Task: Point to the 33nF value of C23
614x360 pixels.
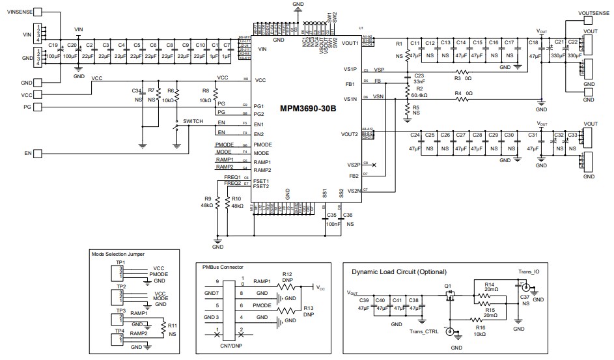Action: coord(419,82)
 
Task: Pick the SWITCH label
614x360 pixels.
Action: coord(196,122)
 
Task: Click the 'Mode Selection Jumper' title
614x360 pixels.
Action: coord(118,253)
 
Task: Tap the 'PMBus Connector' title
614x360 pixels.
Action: coord(223,266)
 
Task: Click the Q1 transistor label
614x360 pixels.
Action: coord(447,286)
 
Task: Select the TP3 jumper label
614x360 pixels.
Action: coord(120,311)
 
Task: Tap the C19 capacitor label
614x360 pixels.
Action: coord(53,45)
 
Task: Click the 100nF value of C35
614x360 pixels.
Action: coord(331,223)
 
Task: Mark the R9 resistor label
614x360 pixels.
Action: coord(208,199)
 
